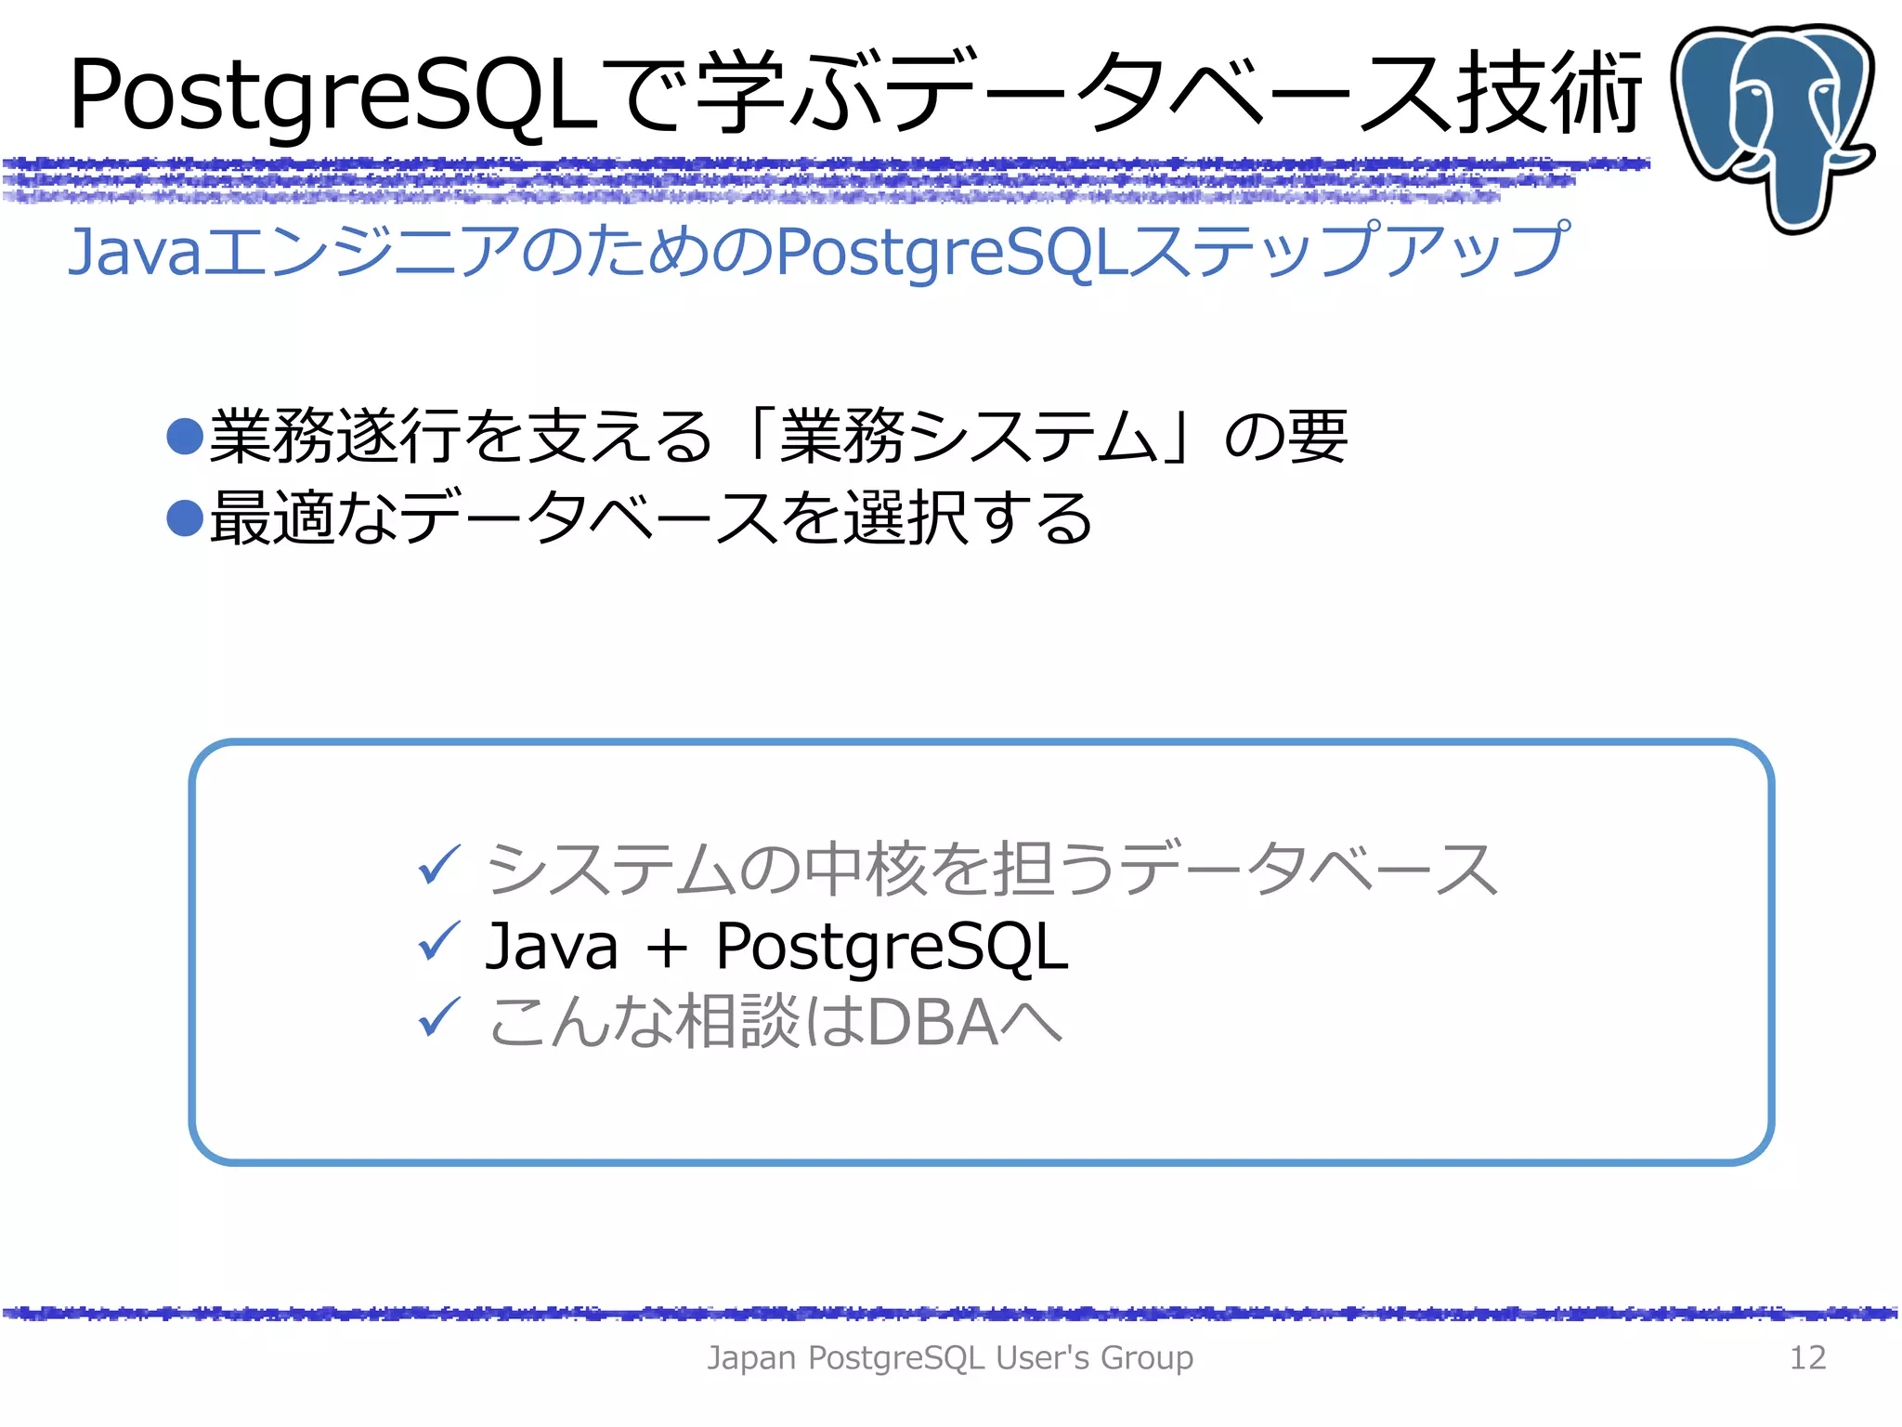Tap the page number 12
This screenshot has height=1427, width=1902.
tap(1806, 1357)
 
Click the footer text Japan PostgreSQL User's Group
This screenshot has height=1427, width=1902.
tap(950, 1357)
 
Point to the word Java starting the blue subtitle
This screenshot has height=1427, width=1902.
tap(135, 252)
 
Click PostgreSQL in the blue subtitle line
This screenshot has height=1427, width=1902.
tap(952, 253)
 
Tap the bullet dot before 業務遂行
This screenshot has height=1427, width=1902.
tap(185, 437)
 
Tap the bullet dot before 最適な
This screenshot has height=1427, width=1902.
tap(185, 518)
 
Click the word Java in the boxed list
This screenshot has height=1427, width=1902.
tap(552, 947)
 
